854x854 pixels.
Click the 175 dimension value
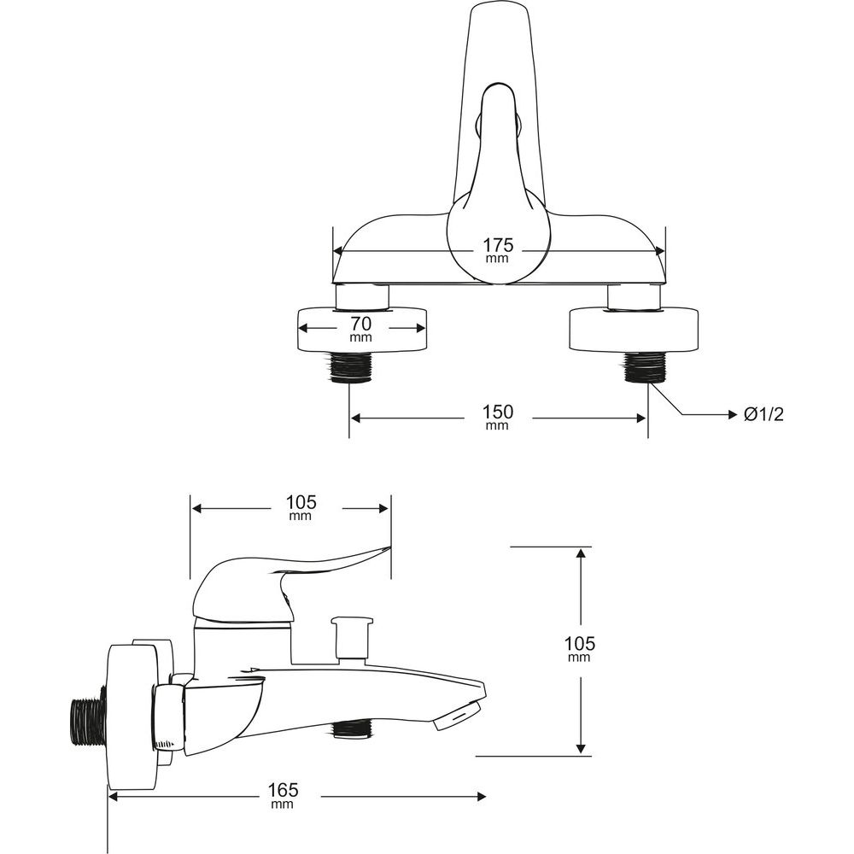coord(498,245)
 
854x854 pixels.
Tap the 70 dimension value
coord(361,324)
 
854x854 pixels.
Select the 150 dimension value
coord(498,412)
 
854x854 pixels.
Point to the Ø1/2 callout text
coord(763,415)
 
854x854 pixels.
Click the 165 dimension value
coord(284,789)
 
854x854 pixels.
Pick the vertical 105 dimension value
coord(580,644)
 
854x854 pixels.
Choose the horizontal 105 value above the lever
coord(301,502)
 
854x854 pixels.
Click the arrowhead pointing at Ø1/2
coord(733,415)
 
